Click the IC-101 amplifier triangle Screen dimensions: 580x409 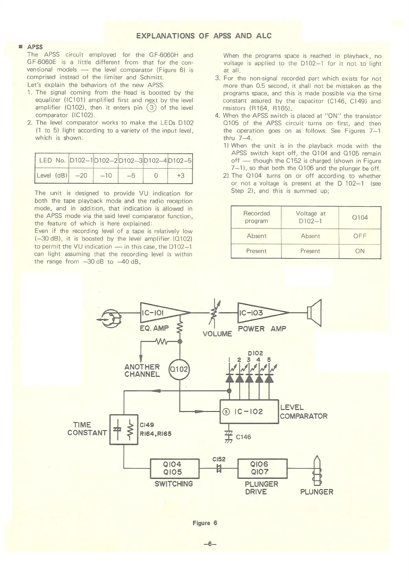[161, 313]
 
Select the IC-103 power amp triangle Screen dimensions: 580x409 [259, 313]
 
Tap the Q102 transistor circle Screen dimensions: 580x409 [179, 369]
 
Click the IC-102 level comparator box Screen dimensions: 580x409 [249, 411]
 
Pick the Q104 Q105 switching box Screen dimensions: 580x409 [175, 468]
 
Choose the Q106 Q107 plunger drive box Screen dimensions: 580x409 [262, 468]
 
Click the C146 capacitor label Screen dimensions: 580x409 [243, 437]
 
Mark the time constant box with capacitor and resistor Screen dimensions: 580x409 [123, 429]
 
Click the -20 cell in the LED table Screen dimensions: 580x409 [81, 175]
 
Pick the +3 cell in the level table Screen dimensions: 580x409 [180, 175]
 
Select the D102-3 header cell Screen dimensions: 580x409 [130, 160]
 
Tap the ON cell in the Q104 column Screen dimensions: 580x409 [360, 251]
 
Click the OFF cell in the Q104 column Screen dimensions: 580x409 [360, 236]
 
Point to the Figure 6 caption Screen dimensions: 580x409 [205, 523]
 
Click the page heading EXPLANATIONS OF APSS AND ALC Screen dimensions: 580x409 [204, 36]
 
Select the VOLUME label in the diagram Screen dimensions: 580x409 [217, 334]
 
